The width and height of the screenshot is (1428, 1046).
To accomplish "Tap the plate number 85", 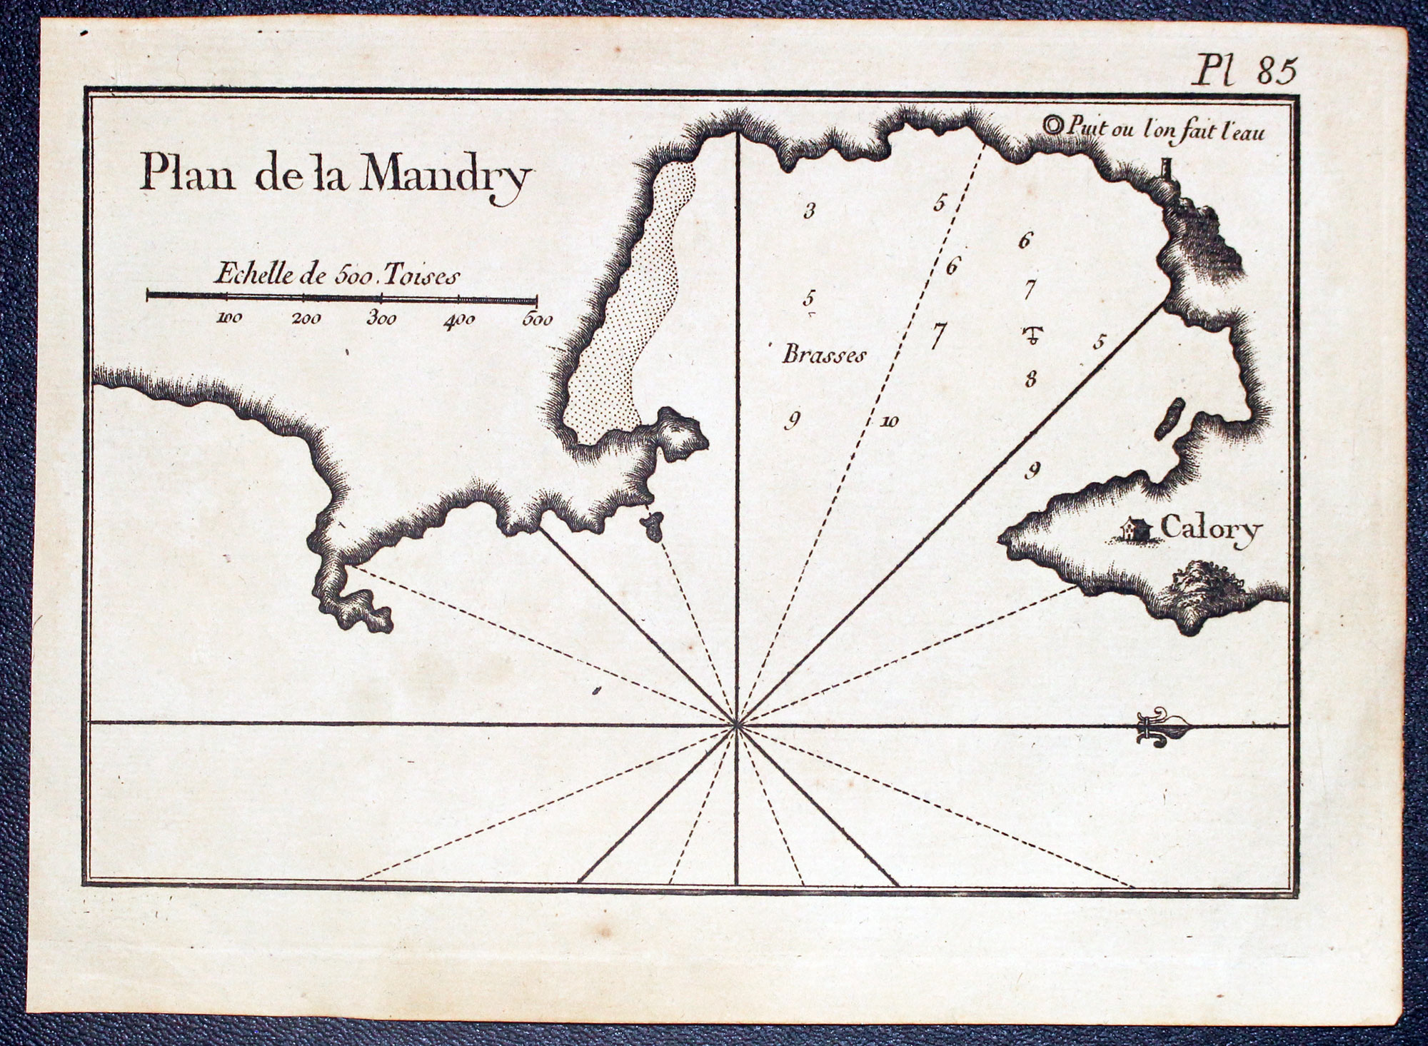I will pos(1277,72).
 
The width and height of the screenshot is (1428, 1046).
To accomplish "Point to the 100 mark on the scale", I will pos(229,318).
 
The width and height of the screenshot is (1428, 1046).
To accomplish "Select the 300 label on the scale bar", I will pos(381,318).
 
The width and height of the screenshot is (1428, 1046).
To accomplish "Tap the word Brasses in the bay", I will pos(824,355).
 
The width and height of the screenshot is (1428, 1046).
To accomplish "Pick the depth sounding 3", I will pos(809,211).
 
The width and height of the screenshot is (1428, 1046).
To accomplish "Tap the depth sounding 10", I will pos(889,422).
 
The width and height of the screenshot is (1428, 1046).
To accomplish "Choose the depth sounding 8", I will pos(1030,378).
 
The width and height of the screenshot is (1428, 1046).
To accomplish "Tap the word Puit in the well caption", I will pos(1082,128).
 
